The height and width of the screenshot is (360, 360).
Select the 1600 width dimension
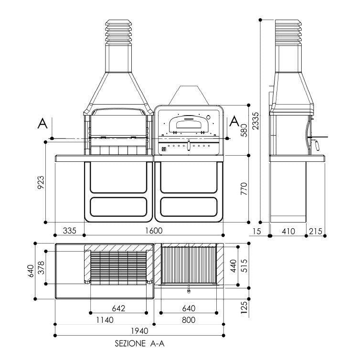(x=154, y=231)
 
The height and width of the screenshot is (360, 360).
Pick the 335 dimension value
(x=70, y=231)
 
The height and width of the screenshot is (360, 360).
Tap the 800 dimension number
(x=189, y=320)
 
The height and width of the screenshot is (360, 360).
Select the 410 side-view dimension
(x=287, y=231)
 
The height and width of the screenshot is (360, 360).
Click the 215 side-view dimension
(x=316, y=231)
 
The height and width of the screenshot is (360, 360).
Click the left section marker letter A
(x=42, y=123)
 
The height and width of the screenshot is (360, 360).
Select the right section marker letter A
(x=234, y=121)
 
